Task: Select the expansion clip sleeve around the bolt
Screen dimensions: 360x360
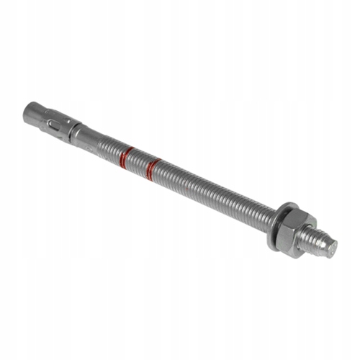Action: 58,125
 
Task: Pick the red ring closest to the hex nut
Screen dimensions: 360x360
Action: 151,170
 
